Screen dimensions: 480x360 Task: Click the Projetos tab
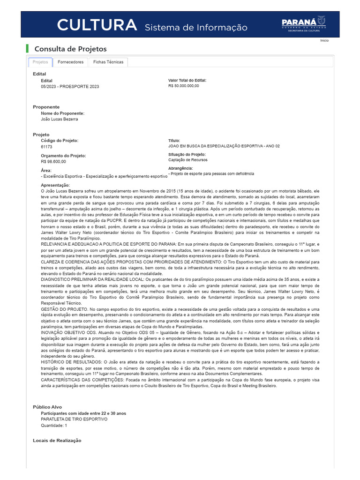(x=40, y=62)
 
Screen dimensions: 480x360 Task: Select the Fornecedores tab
(x=70, y=62)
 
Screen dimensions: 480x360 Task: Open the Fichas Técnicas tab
(x=108, y=62)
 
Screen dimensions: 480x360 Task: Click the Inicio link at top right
(x=324, y=41)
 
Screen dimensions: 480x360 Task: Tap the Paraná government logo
(x=303, y=23)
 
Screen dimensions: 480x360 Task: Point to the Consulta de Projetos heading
(x=71, y=49)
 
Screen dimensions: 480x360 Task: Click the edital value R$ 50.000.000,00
(x=183, y=86)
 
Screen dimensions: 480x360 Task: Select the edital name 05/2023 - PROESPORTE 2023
(x=70, y=87)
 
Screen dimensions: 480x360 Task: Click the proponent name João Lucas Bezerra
(x=60, y=119)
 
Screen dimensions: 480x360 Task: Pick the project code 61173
(x=46, y=147)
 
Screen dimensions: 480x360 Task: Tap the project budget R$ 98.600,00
(x=53, y=161)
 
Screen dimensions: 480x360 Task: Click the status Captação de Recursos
(x=187, y=160)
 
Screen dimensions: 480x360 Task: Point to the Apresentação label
(x=55, y=186)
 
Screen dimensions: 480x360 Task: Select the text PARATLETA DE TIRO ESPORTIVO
(x=74, y=419)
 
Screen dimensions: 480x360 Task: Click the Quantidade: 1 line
(x=54, y=425)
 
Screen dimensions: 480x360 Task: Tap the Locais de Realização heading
(x=57, y=440)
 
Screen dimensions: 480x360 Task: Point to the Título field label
(x=174, y=141)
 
